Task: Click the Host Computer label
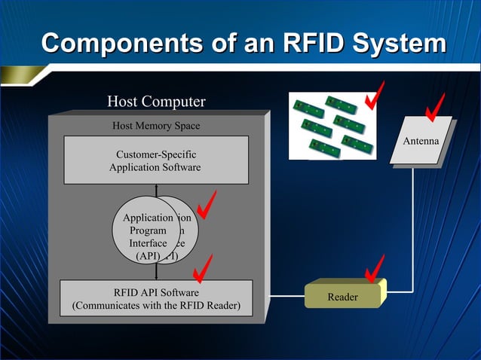click(x=156, y=102)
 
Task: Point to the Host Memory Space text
click(x=156, y=126)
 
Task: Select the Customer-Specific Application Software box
click(x=156, y=160)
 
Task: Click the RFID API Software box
click(x=156, y=299)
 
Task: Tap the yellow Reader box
click(x=343, y=297)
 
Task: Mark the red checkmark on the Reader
click(x=373, y=269)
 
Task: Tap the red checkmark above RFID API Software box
click(x=201, y=268)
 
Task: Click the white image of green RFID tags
click(x=332, y=126)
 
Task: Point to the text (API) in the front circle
click(x=148, y=257)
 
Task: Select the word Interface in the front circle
click(x=148, y=243)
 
